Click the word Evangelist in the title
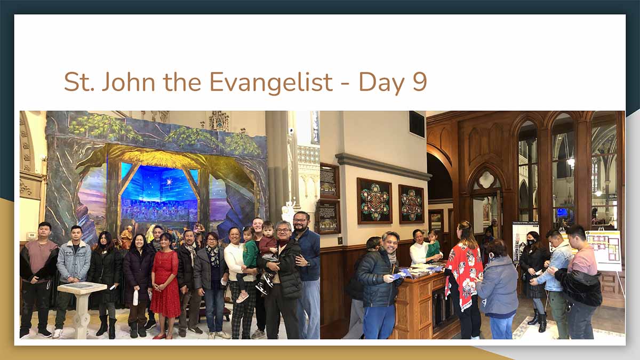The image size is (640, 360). (271, 82)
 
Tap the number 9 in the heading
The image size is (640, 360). (420, 82)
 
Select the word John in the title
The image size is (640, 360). (129, 82)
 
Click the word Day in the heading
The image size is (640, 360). (381, 83)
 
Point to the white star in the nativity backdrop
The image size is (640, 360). (170, 182)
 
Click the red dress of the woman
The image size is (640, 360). (165, 283)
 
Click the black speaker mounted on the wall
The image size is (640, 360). (417, 124)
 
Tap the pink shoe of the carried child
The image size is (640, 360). (242, 298)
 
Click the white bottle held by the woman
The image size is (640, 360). (135, 297)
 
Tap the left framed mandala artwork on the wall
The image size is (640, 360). (374, 201)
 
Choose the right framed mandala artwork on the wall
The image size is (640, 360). (411, 204)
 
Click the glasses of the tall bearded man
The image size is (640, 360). (300, 220)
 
